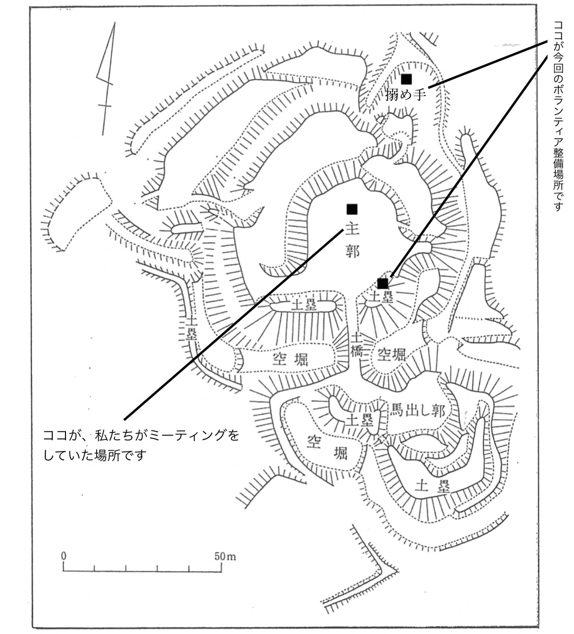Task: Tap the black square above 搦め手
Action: coord(406,79)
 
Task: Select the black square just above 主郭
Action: coord(352,209)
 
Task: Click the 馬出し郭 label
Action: coord(418,410)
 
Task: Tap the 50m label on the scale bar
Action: coord(225,557)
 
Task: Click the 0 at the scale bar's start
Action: coord(64,557)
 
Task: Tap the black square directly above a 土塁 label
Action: coord(383,284)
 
